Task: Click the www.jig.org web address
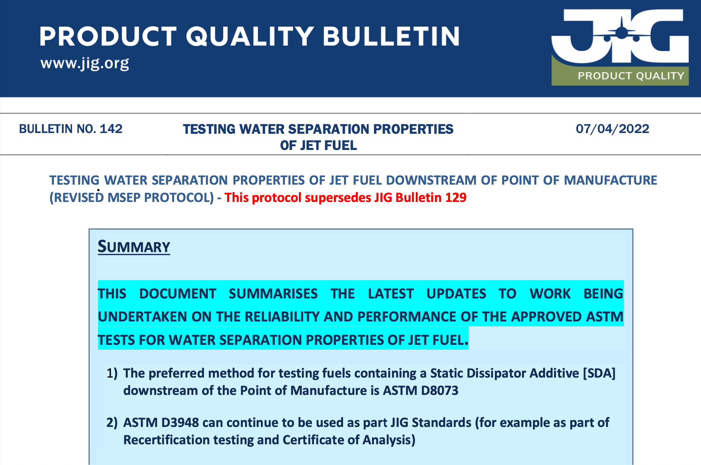tap(85, 63)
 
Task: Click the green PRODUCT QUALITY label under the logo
tap(631, 76)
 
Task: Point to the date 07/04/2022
tap(612, 129)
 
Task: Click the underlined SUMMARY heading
tap(134, 247)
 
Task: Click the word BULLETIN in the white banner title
tap(391, 37)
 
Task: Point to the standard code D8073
tap(439, 390)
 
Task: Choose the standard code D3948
tap(180, 422)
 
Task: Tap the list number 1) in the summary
tap(112, 373)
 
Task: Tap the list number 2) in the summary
tap(112, 422)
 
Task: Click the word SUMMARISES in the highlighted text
tap(273, 294)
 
